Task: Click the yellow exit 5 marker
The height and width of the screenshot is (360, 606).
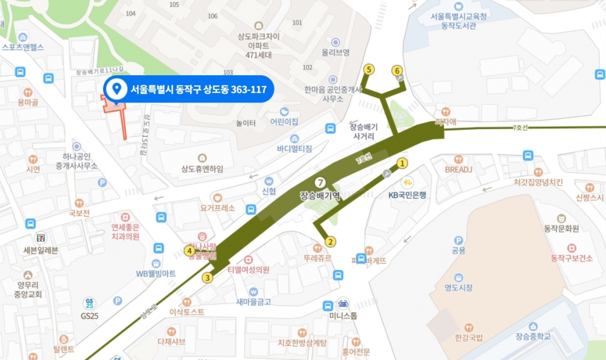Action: (x=369, y=70)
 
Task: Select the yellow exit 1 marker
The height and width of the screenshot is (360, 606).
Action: (x=402, y=163)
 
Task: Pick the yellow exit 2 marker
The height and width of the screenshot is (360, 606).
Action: (x=330, y=242)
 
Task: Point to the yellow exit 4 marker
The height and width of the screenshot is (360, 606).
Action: (x=190, y=250)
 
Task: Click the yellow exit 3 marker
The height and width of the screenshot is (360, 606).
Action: (x=208, y=277)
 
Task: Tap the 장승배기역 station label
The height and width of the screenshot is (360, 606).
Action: (x=320, y=195)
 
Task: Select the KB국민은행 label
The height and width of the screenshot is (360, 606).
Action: (x=407, y=194)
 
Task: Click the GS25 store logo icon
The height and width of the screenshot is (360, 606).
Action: (x=90, y=303)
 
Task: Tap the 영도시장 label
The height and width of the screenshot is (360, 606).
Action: (x=459, y=288)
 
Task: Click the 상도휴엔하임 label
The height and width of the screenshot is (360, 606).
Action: (x=202, y=169)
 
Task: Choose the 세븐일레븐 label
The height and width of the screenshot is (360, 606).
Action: (x=41, y=250)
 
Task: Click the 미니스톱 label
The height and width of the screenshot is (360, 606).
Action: (x=343, y=316)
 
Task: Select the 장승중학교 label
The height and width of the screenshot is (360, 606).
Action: (x=533, y=336)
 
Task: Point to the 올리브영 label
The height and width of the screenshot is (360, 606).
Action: (x=336, y=53)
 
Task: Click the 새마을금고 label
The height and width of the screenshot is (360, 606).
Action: (x=253, y=301)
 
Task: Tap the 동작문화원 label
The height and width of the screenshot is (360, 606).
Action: (x=561, y=228)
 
